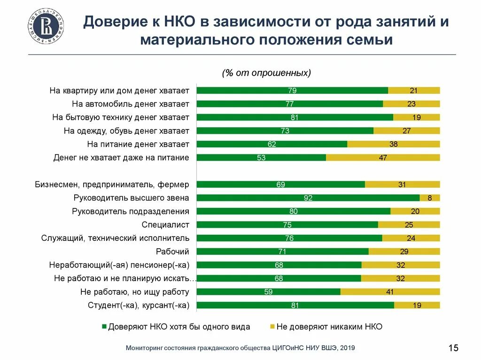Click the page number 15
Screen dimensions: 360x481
[453, 348]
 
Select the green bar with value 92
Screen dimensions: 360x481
[308, 198]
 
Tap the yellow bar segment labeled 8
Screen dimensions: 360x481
[430, 198]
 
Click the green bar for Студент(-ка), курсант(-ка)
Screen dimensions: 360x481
[295, 306]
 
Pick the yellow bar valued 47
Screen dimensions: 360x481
[383, 158]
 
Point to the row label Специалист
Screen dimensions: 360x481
[165, 225]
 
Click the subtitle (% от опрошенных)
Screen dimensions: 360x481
[266, 73]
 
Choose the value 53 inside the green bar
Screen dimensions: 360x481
[261, 158]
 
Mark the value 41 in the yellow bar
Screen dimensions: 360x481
[390, 292]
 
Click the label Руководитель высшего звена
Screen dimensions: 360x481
[132, 198]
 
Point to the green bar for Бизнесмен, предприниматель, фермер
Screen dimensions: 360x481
[280, 184]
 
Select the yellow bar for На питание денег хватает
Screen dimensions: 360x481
[394, 144]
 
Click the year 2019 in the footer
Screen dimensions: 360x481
[347, 348]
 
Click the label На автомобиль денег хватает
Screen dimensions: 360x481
[131, 104]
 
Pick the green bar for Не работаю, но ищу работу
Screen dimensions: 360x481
[268, 292]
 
